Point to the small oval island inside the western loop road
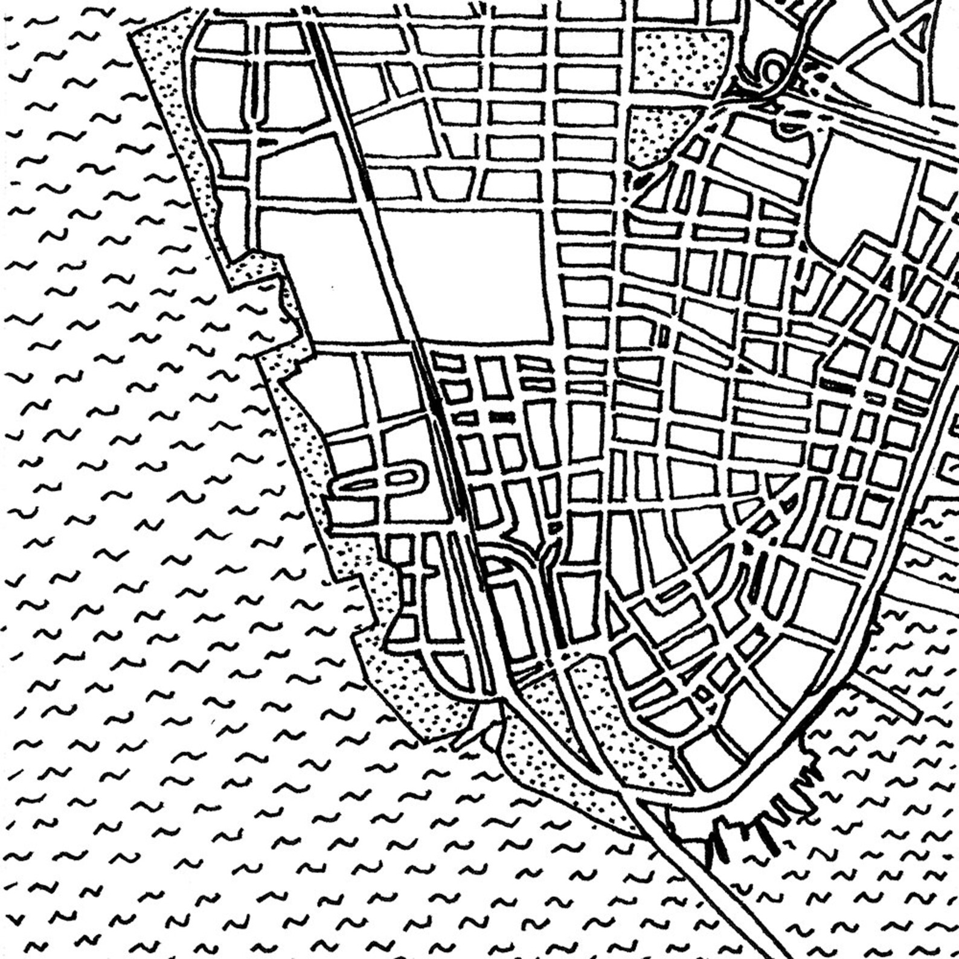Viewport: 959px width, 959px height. click(x=402, y=477)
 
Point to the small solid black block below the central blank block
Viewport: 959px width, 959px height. click(x=501, y=417)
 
